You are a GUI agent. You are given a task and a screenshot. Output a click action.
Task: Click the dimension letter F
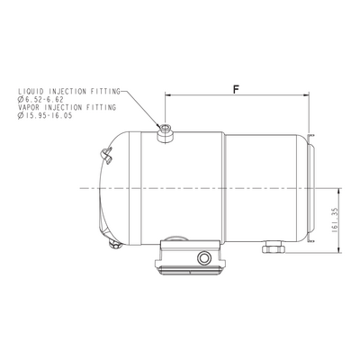point(237,89)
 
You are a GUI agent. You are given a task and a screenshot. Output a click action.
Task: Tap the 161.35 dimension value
point(335,220)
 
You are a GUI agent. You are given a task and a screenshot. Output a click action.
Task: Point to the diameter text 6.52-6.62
point(44,99)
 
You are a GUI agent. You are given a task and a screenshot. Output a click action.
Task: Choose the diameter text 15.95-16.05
point(49,115)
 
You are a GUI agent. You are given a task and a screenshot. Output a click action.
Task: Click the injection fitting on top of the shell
point(166,133)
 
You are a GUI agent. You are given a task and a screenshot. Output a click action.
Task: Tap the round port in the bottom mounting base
point(203,257)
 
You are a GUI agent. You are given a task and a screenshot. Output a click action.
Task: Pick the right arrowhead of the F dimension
point(306,95)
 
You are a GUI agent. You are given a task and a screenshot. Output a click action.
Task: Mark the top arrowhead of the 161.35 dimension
point(339,192)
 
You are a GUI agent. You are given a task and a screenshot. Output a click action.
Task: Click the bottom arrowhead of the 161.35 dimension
point(339,249)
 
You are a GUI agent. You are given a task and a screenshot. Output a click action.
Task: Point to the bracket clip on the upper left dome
point(106,156)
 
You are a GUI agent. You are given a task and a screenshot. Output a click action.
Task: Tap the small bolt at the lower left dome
point(115,245)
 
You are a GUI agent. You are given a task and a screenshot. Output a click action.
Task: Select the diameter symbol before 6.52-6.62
point(21,99)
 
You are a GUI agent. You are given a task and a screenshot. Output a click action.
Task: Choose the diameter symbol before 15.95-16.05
point(21,115)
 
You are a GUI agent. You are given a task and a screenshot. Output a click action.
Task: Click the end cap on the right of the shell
point(311,188)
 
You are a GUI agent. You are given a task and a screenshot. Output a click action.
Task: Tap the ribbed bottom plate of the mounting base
point(190,271)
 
